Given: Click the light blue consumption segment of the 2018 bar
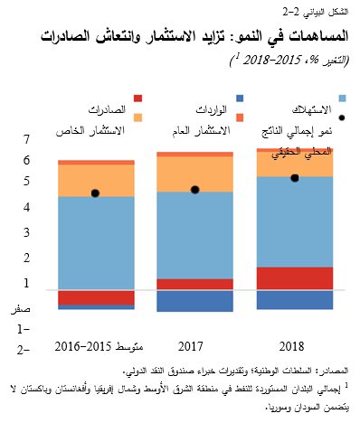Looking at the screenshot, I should click(293, 221).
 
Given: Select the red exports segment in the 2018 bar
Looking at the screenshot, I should click(293, 278).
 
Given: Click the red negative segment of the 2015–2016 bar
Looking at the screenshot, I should click(96, 297).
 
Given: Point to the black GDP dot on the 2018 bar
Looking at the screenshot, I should click(294, 178).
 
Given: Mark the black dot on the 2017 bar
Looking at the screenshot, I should click(195, 190).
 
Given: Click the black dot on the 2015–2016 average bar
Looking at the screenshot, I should click(95, 193).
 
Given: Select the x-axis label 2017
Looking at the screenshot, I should click(191, 346).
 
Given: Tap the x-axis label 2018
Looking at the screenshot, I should click(292, 346).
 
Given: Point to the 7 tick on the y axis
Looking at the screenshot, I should click(25, 139).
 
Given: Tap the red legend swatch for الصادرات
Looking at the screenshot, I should click(137, 98).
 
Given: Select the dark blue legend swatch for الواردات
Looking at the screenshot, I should click(240, 98).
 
